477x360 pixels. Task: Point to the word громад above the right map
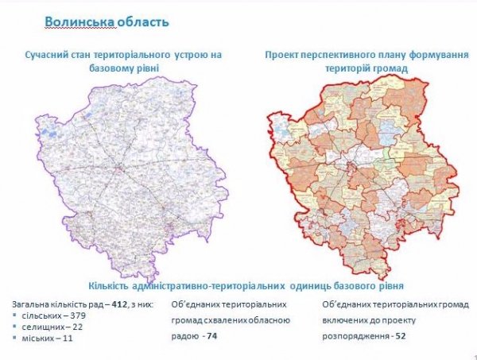[390, 68]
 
